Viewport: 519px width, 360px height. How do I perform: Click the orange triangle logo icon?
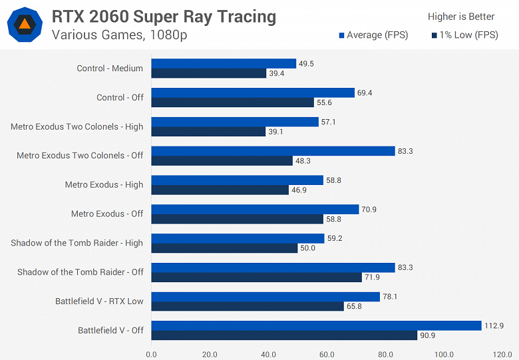23,25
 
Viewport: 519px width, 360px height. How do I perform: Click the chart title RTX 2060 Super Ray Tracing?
164,17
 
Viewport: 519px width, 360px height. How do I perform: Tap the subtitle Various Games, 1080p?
119,35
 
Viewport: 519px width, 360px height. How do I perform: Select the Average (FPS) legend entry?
373,35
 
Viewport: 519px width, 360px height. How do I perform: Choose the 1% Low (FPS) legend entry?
464,35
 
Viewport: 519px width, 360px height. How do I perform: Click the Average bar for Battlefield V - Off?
316,325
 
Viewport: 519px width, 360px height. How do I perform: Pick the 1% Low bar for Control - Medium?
208,73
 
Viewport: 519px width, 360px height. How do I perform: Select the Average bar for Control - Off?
253,92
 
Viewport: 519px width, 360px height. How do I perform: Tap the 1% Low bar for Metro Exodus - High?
220,190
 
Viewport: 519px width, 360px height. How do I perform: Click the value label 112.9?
496,325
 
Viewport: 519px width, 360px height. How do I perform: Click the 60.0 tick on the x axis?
327,354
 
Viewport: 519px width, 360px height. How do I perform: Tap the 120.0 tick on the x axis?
502,354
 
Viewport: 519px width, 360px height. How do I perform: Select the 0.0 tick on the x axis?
151,354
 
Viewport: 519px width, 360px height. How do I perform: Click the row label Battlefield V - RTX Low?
99,301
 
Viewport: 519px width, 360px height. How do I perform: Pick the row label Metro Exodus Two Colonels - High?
77,126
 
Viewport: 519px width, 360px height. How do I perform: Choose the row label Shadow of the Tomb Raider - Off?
80,272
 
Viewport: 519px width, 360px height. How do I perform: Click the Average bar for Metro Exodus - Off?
255,209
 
